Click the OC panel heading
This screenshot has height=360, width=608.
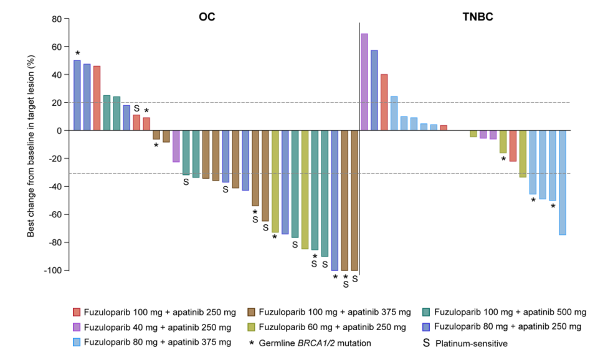click(x=207, y=17)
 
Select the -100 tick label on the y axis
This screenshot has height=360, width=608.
click(x=52, y=270)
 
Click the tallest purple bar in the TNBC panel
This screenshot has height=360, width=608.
click(x=364, y=82)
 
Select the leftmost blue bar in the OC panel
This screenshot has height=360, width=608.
click(x=77, y=95)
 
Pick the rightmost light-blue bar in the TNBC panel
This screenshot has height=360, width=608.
click(x=563, y=182)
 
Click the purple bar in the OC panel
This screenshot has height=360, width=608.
click(x=176, y=146)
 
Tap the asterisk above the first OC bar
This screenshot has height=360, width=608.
click(x=77, y=54)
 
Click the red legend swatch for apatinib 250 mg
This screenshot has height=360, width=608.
click(x=77, y=311)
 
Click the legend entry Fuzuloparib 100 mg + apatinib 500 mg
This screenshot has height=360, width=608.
click(x=510, y=311)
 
